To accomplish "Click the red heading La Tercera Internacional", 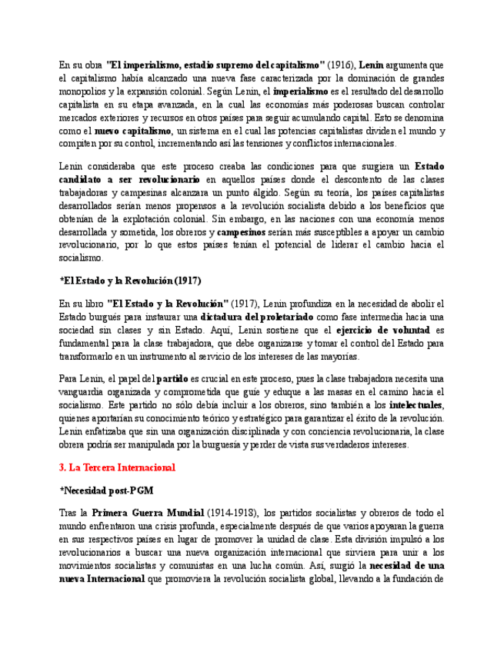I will (x=118, y=467).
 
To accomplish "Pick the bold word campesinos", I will (x=241, y=231).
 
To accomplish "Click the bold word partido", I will (x=172, y=378).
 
